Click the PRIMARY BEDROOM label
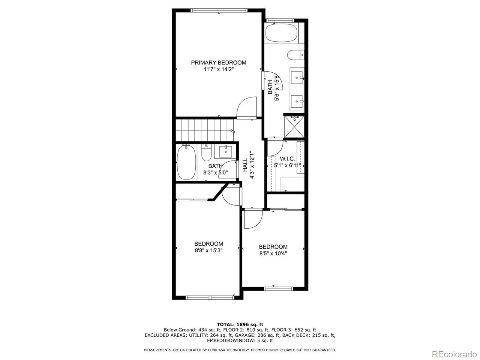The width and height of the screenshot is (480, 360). [x=219, y=63]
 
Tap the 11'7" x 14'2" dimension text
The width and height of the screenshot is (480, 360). [x=219, y=69]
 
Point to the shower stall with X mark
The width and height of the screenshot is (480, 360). [x=294, y=126]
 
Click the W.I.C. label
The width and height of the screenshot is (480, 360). [x=287, y=159]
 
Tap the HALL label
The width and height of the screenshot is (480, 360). [x=245, y=165]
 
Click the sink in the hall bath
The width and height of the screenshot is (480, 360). [x=226, y=151]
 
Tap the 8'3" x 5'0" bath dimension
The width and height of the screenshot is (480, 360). [x=216, y=173]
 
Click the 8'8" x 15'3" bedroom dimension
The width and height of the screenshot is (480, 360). [x=208, y=250]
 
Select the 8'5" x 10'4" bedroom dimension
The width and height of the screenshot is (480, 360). [x=273, y=253]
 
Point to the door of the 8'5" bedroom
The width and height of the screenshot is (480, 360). [x=252, y=220]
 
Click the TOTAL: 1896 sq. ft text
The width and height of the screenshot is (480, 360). [x=240, y=324]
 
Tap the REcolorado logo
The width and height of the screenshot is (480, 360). [x=454, y=354]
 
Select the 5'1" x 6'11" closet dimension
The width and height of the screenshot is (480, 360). [x=287, y=165]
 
